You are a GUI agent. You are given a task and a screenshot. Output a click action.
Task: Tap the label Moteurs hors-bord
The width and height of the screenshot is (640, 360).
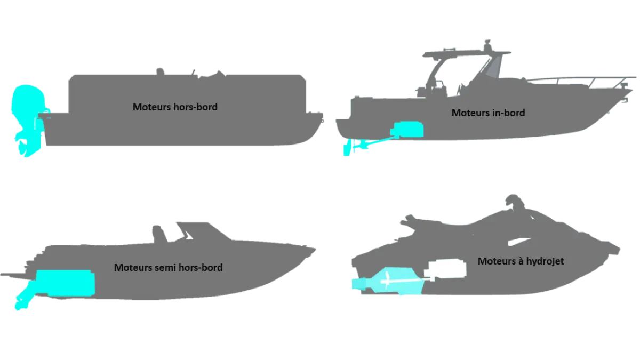pyautogui.click(x=175, y=107)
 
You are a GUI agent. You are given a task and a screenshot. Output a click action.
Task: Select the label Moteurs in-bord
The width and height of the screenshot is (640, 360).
pyautogui.click(x=488, y=113)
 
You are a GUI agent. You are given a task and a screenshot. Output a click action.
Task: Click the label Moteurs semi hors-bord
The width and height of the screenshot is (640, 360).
pyautogui.click(x=168, y=267)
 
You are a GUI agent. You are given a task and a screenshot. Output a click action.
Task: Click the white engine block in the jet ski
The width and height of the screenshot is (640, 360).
pyautogui.click(x=447, y=269)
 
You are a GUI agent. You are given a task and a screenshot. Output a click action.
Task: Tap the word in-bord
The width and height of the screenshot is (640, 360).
pyautogui.click(x=509, y=113)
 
